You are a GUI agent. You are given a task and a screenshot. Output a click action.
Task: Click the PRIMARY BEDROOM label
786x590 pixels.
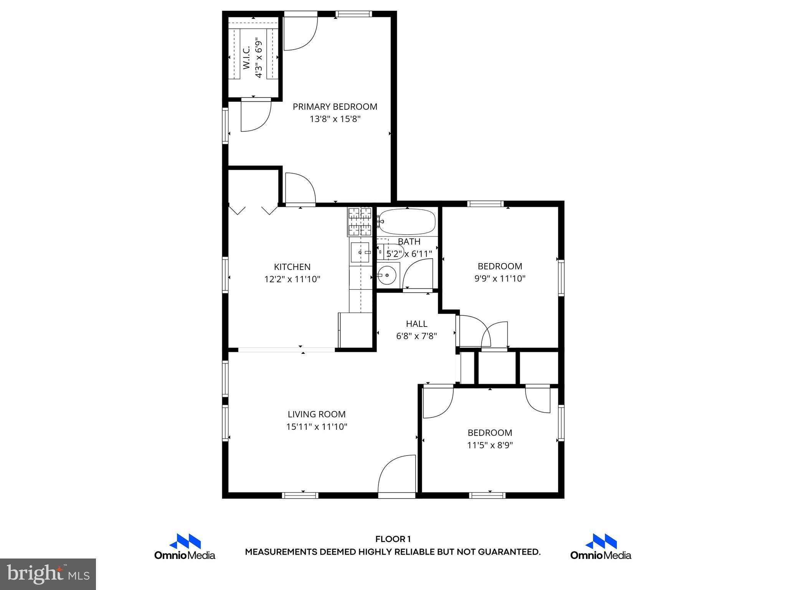tap(335, 107)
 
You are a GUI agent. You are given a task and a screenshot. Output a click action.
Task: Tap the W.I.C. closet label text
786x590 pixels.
tap(247, 58)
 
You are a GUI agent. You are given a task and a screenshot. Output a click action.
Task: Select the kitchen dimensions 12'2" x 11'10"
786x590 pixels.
tap(292, 279)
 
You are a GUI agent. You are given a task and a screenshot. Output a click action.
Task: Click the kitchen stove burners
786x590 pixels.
tap(360, 222)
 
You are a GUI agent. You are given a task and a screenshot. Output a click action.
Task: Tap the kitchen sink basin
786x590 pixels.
tap(360, 252)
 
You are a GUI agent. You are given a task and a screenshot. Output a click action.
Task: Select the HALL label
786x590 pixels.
tap(416, 324)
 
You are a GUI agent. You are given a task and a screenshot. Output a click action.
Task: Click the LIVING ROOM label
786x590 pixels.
tap(317, 414)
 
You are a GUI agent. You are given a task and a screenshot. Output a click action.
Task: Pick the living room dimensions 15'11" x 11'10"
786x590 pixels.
tap(317, 426)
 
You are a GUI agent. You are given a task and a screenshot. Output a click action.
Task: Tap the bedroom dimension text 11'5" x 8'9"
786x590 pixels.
tap(490, 445)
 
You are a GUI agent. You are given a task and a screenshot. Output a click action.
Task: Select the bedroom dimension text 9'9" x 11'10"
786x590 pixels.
tap(500, 278)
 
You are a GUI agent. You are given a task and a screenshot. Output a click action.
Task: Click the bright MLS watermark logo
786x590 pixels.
tap(48, 574)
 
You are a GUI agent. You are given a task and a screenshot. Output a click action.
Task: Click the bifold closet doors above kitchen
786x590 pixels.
tap(253, 210)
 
